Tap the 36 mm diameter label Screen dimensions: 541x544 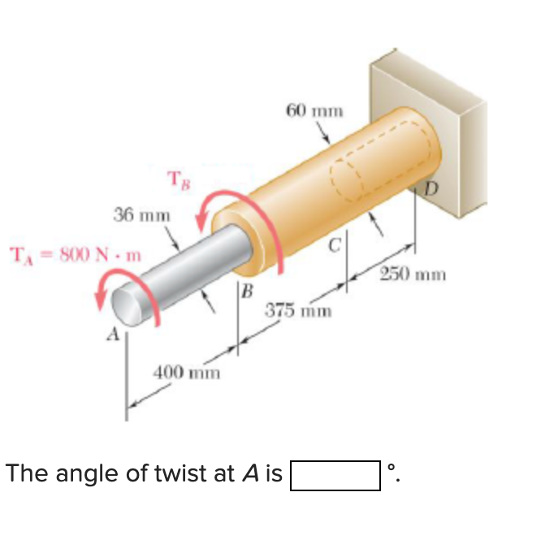click(x=142, y=215)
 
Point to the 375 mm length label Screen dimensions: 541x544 click(x=297, y=311)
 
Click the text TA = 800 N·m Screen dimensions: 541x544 click(x=74, y=255)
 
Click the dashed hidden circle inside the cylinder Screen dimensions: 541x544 click(x=345, y=178)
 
